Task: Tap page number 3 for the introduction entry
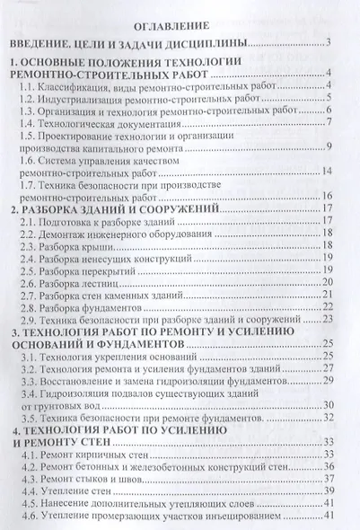331,43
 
